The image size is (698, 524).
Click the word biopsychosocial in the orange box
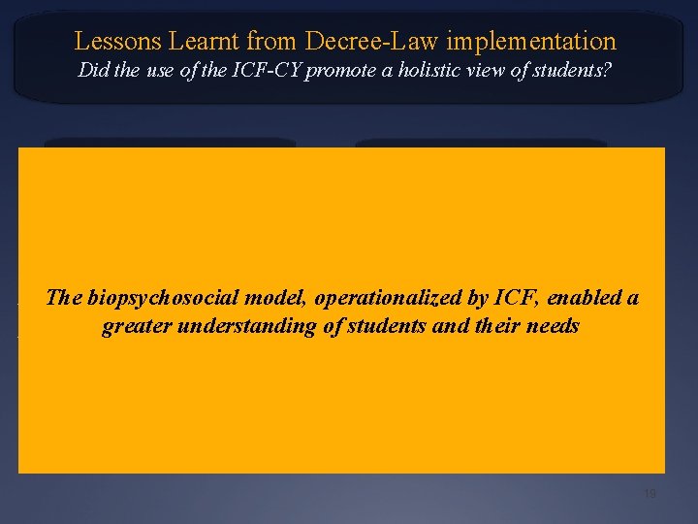coord(150,298)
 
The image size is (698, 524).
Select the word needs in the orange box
coord(553,326)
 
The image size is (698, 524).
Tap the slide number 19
coord(650,495)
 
